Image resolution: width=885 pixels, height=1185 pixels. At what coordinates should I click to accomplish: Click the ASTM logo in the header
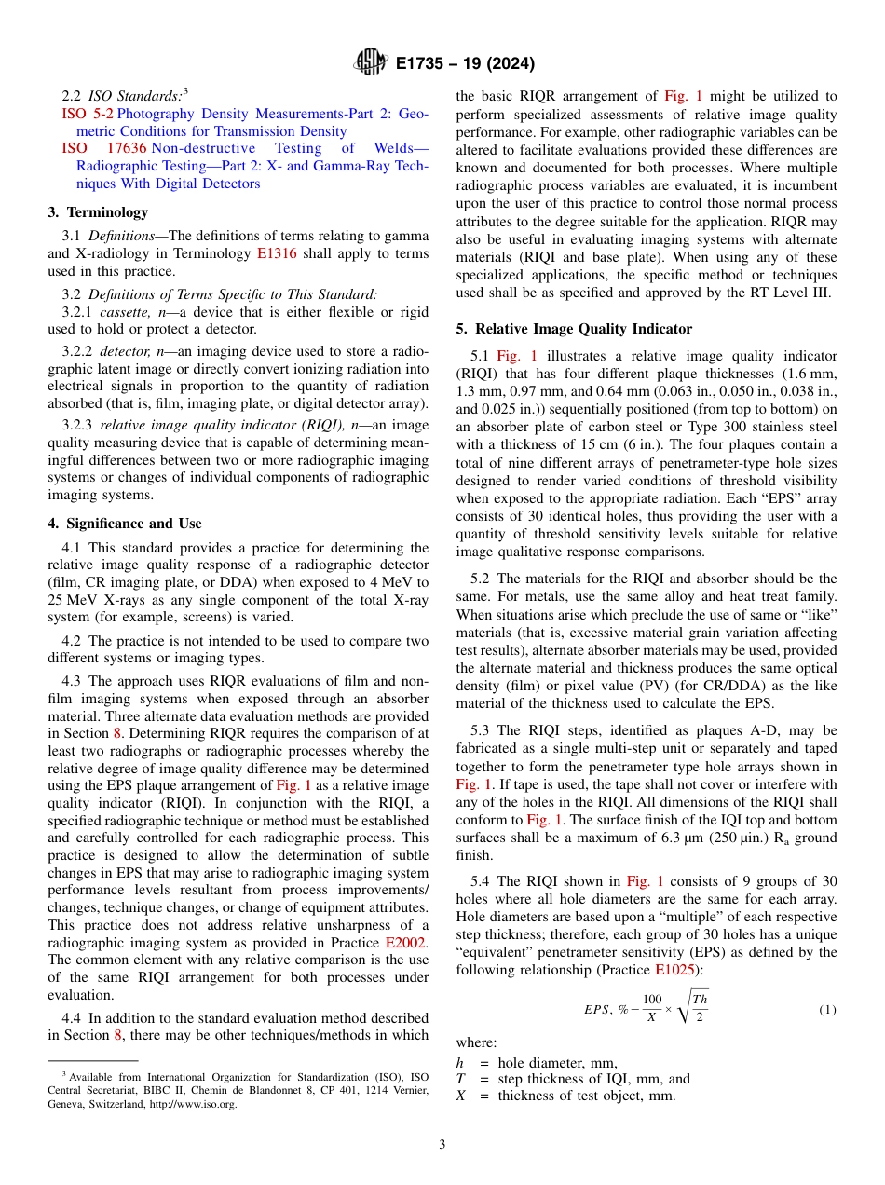point(371,63)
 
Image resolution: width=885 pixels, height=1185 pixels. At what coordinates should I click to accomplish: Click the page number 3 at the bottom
point(442,1145)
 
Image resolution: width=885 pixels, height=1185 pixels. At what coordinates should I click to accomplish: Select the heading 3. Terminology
point(98,211)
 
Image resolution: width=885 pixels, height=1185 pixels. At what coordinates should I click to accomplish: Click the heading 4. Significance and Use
point(125,523)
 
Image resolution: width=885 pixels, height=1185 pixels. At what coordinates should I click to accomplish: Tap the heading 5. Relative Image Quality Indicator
point(574,328)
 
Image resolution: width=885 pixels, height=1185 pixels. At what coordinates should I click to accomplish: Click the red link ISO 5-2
point(88,114)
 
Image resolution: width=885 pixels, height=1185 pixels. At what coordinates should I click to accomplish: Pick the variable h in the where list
point(459,1062)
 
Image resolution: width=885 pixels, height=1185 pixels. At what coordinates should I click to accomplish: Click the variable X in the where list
point(460,1096)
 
